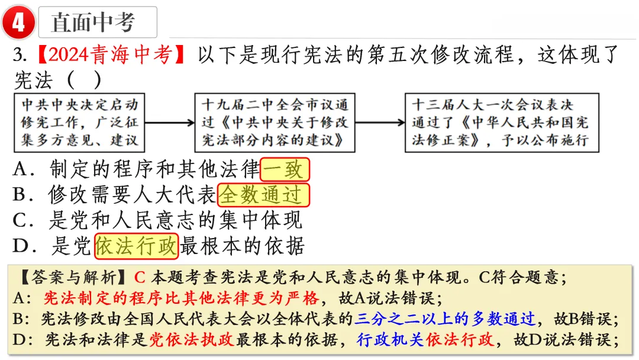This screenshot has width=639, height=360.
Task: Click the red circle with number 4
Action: pyautogui.click(x=18, y=22)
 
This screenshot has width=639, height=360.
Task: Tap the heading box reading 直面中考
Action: pyautogui.click(x=98, y=22)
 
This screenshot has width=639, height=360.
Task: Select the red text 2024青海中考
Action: pyautogui.click(x=110, y=54)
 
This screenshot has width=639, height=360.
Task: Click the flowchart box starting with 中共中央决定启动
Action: pyautogui.click(x=79, y=123)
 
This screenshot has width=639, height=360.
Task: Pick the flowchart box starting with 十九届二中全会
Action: pyautogui.click(x=275, y=123)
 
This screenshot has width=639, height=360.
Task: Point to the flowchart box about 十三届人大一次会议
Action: pyautogui.click(x=502, y=123)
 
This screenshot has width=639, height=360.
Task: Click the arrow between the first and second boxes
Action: pyautogui.click(x=170, y=123)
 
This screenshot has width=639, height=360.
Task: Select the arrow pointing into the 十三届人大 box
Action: pyautogui.click(x=380, y=123)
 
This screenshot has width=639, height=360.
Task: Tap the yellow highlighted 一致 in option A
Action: pyautogui.click(x=285, y=169)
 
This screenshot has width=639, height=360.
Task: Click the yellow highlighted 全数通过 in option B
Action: pyautogui.click(x=264, y=195)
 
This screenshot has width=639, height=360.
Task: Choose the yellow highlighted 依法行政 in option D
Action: pyautogui.click(x=137, y=246)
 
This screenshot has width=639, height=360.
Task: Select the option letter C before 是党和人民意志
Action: pyautogui.click(x=20, y=220)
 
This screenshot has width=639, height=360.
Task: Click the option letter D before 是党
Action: pyautogui.click(x=20, y=246)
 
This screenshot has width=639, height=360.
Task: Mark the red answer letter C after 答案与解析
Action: pyautogui.click(x=140, y=278)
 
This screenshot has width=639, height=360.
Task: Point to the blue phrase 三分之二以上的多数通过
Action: pyautogui.click(x=444, y=319)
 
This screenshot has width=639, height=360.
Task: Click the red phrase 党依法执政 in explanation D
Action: pyautogui.click(x=192, y=339)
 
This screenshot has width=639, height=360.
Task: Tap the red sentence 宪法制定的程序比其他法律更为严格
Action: pyautogui.click(x=182, y=298)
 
